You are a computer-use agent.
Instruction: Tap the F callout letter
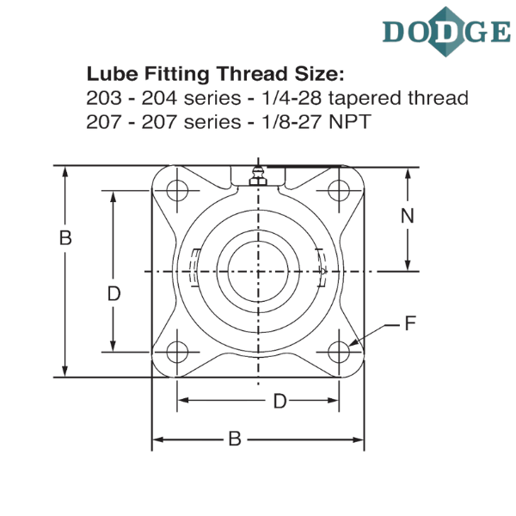[411, 323]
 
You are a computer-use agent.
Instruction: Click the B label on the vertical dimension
[64, 238]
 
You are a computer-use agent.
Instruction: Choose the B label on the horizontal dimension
[233, 440]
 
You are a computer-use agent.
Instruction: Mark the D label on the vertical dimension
[113, 294]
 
